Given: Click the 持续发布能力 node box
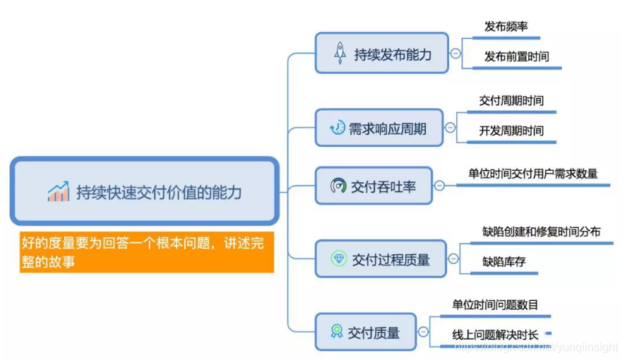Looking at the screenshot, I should pyautogui.click(x=381, y=53).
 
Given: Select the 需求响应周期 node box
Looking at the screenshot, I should pyautogui.click(x=379, y=128).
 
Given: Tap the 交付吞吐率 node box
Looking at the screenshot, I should pyautogui.click(x=373, y=186).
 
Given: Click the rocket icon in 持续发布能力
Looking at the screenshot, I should pyautogui.click(x=340, y=53).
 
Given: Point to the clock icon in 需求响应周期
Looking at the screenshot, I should pyautogui.click(x=337, y=128).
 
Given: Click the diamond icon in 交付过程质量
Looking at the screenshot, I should pyautogui.click(x=338, y=259).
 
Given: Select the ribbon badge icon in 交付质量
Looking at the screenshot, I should pyautogui.click(x=336, y=332).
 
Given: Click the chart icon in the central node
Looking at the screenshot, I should pyautogui.click(x=58, y=191).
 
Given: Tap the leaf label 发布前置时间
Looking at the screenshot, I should pyautogui.click(x=516, y=56).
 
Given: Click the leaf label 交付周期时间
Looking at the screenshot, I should pyautogui.click(x=511, y=100).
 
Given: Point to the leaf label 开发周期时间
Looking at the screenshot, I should pyautogui.click(x=511, y=131).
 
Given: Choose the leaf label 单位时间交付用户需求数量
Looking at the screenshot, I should pyautogui.click(x=532, y=174).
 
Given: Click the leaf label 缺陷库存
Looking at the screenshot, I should pyautogui.click(x=504, y=262).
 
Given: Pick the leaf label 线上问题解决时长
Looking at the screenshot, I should pyautogui.click(x=494, y=335).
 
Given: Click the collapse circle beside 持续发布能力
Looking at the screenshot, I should pyautogui.click(x=456, y=53).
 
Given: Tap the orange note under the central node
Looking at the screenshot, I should pyautogui.click(x=146, y=252).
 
